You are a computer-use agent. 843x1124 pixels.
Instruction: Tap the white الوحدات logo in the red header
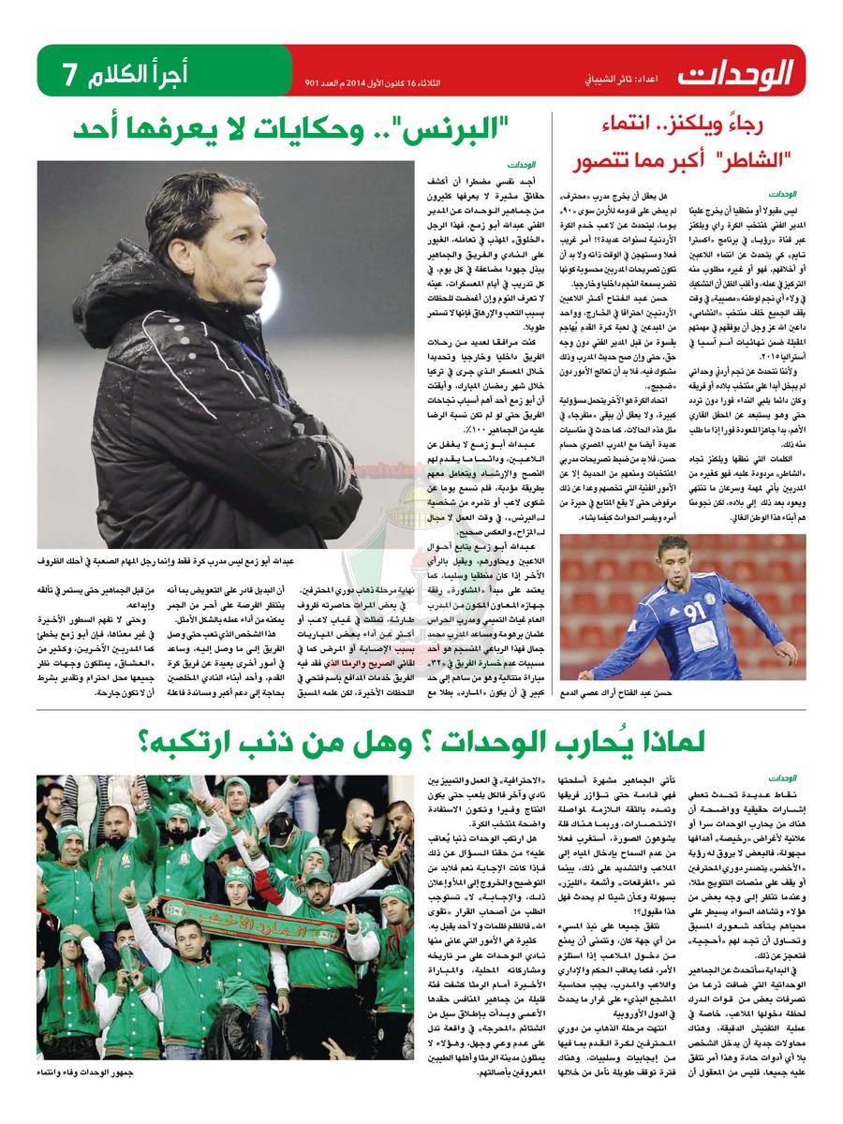click(x=736, y=71)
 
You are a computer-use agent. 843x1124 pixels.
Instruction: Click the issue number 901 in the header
click(x=313, y=83)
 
